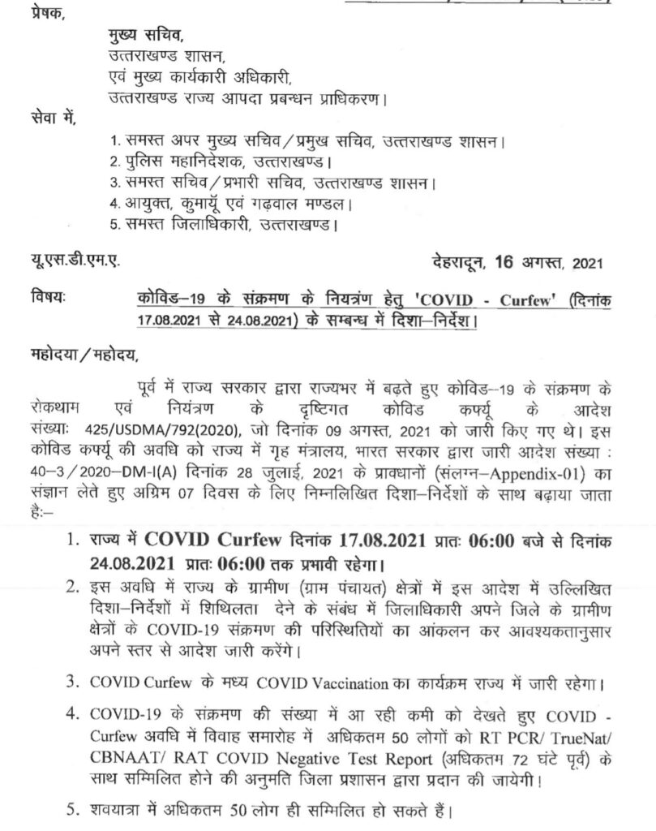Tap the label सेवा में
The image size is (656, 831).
pyautogui.click(x=50, y=120)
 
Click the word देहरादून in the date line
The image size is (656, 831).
pyautogui.click(x=459, y=262)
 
